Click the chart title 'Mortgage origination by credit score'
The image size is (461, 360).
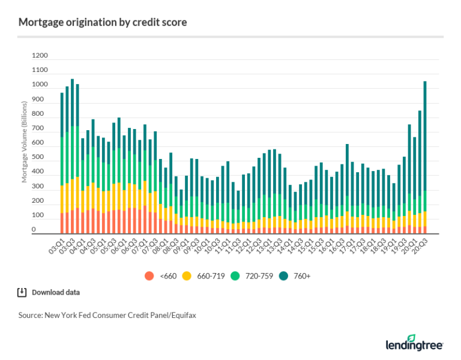click(102, 23)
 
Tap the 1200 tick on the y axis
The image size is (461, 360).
click(40, 56)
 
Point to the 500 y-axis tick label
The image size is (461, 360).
click(40, 157)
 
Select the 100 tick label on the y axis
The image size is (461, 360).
click(40, 215)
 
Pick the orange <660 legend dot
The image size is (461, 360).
click(148, 276)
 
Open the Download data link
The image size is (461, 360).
click(56, 293)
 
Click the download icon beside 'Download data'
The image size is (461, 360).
click(22, 293)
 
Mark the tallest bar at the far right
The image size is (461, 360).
click(425, 156)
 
